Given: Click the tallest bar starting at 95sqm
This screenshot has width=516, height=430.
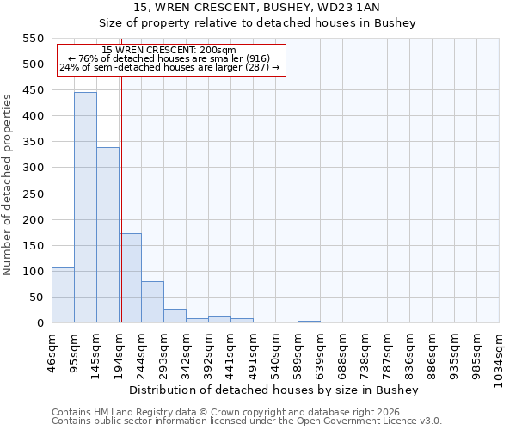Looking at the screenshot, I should pos(85,207).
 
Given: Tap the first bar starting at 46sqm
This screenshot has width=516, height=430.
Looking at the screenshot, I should pos(63,295).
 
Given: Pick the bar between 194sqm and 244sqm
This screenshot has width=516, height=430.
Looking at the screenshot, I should pos(130,278).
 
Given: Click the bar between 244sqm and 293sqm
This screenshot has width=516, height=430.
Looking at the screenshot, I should pos(152,302).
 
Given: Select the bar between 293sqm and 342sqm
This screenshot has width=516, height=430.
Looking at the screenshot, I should pos(175,316).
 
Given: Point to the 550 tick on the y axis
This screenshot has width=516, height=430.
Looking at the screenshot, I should pos(33,39).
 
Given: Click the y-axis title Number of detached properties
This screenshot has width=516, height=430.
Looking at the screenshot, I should pos(8,185).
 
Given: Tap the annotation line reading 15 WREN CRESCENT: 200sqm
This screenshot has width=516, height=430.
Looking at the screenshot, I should pos(168,50).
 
